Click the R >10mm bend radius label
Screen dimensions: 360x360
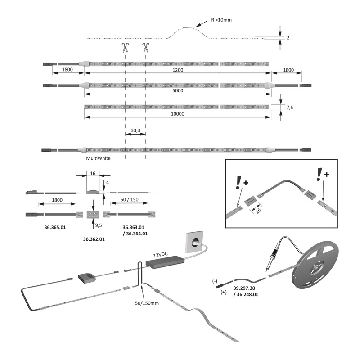click(221, 20)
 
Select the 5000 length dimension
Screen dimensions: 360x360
click(180, 90)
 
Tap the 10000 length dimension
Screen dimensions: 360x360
click(179, 114)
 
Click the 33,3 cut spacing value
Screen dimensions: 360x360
click(135, 130)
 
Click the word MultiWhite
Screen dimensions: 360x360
click(98, 158)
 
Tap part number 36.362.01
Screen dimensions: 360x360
click(94, 239)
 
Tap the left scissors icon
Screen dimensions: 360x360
click(125, 47)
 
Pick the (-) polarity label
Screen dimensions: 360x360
click(215, 281)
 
